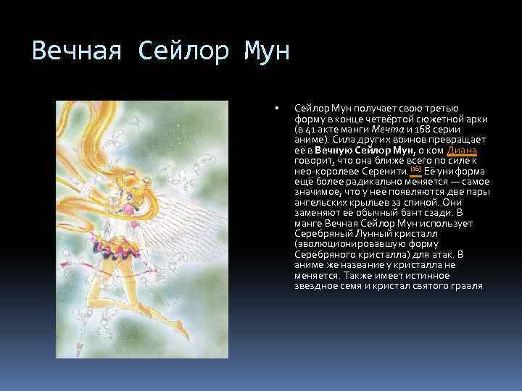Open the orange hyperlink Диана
click(462, 151)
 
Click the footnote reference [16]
click(415, 169)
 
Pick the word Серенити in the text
click(386, 171)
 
